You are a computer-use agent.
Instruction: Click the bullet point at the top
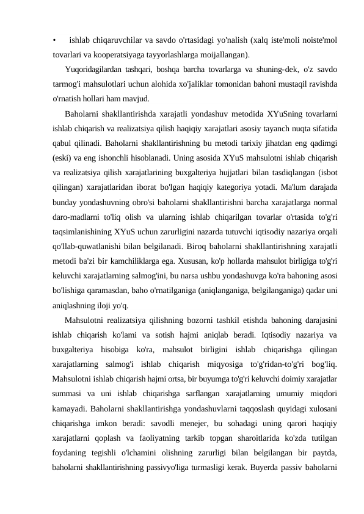coord(55,41)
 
